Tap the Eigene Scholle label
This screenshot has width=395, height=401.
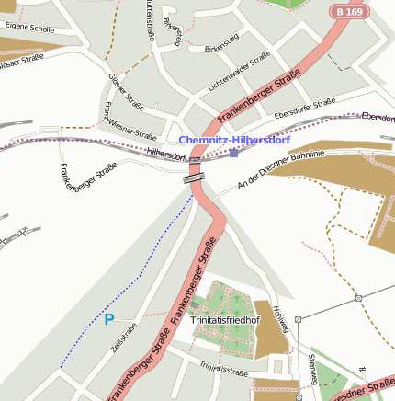tap(29, 27)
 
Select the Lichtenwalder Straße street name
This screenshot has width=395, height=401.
tap(240, 70)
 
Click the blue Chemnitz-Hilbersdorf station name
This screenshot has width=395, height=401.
tap(234, 140)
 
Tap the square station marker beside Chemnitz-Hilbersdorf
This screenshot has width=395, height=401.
tap(233, 153)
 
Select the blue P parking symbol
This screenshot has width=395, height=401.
tap(108, 319)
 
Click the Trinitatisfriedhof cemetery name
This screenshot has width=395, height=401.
tap(226, 320)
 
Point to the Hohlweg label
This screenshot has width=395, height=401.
tap(280, 314)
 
